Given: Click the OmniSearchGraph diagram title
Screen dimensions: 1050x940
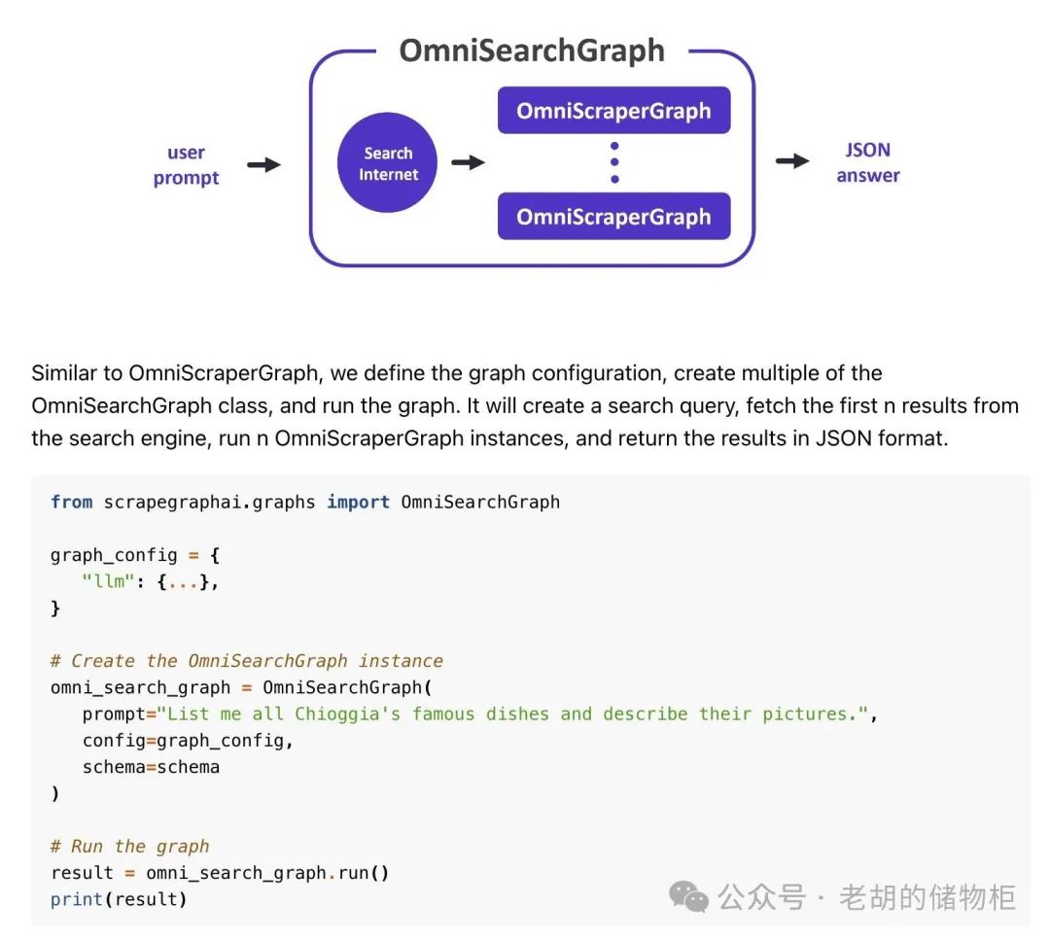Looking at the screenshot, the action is coord(532,51).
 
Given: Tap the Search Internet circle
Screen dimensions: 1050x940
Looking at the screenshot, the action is coord(388,163).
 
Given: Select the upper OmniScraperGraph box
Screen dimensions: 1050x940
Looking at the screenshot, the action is coord(613,111).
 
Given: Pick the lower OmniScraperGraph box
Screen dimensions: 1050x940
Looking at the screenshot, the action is coord(613,216).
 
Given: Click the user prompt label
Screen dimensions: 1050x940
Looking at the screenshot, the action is coord(186,164).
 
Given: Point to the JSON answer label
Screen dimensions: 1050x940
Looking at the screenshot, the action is coord(867,162).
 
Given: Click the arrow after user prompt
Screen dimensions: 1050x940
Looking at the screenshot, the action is coord(263,164).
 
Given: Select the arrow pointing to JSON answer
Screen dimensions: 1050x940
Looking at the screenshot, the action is coord(792,161).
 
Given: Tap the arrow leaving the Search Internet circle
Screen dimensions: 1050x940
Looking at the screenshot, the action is coord(468,162).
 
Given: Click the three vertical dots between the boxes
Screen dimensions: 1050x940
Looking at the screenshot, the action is coord(614,162).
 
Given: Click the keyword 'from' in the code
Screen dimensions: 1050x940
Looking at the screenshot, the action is coord(71,503).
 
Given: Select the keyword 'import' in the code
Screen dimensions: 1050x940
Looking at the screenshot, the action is coord(358,503).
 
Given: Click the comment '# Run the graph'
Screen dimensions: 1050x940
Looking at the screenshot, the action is coord(130,846).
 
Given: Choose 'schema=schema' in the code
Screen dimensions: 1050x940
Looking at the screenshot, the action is coord(151,767).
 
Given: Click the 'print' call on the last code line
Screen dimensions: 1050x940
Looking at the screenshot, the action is coord(77,899).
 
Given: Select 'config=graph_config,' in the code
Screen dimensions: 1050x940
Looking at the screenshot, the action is coord(188,741).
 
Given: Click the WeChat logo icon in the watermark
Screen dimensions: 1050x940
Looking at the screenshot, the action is coord(690,896).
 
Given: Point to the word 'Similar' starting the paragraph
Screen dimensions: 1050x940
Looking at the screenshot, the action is coord(63,373).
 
